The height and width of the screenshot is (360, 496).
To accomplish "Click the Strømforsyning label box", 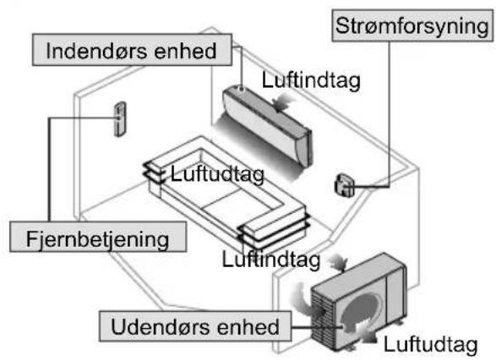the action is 412,25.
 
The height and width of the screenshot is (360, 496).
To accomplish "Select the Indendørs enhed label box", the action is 132,50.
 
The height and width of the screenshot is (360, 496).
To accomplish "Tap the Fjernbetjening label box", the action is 98,237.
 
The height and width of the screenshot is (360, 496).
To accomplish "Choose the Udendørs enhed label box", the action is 195,326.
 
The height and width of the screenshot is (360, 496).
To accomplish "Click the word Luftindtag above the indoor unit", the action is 311,80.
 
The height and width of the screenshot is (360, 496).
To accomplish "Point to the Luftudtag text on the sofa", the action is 217,174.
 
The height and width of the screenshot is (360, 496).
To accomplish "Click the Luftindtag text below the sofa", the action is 271,259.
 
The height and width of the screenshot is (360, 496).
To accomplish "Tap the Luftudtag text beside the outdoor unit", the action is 431,344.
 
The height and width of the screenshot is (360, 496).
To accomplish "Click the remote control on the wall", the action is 120,119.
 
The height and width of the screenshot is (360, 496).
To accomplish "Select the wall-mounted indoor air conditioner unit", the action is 267,125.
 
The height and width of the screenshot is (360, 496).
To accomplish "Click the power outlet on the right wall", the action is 344,185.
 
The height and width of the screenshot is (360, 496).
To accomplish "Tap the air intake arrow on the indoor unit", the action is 282,102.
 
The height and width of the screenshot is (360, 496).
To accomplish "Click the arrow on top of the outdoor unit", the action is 338,264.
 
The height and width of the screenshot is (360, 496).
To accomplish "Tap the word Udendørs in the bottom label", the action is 161,326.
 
